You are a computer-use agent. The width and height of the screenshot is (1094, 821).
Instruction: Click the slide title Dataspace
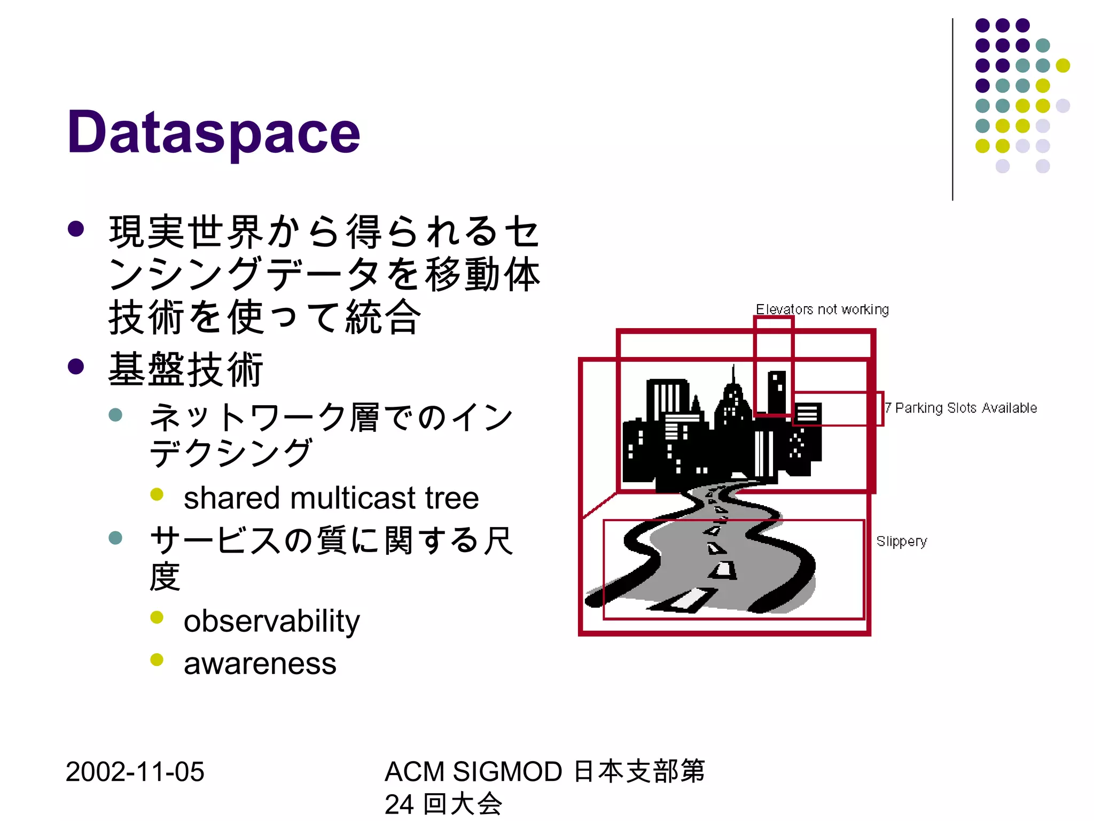pos(214,132)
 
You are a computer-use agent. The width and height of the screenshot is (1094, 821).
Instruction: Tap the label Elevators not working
pos(822,309)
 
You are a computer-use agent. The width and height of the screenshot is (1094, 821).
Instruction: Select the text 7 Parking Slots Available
pos(960,408)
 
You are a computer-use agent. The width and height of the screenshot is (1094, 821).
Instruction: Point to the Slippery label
pos(901,541)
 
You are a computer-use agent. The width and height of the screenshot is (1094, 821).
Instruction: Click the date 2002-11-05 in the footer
pos(135,772)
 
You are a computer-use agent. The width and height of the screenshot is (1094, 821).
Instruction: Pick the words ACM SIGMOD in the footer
pos(473,772)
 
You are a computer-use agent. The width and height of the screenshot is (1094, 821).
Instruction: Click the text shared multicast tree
pos(331,498)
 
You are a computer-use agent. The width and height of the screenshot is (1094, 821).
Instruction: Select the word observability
pos(271,621)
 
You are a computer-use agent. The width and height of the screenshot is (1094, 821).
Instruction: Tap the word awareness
pos(260,664)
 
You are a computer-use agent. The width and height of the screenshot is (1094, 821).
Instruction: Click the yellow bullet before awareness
pos(157,660)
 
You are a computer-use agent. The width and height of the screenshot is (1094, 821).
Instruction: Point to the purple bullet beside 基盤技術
pos(76,367)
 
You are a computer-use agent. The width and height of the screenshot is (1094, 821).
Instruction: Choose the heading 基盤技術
pos(185,369)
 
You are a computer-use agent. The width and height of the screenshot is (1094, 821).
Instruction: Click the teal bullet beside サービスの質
pos(115,537)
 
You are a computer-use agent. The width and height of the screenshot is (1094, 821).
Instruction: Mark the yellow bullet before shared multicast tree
pos(157,494)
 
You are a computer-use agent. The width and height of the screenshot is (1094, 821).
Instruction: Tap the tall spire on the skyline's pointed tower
pos(733,374)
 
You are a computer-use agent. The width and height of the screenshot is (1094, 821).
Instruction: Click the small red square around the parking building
pos(837,408)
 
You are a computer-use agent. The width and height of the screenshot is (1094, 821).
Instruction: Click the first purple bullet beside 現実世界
pos(76,229)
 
